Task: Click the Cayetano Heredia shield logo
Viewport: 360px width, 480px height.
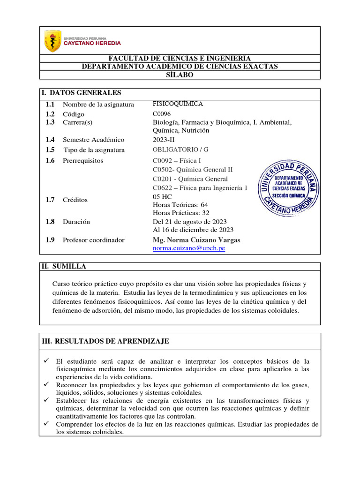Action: click(x=52, y=41)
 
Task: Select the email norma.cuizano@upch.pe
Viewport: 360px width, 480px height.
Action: click(x=189, y=248)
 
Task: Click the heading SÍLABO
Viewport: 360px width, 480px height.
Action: click(x=180, y=75)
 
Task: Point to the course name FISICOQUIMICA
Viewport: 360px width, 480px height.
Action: click(x=178, y=104)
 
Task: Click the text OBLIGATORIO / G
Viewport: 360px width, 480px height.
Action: click(x=180, y=150)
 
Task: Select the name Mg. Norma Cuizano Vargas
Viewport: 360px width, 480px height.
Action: click(x=196, y=240)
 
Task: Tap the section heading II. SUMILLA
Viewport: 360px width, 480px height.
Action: click(x=64, y=267)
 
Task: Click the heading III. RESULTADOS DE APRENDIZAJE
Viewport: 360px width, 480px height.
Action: click(x=105, y=342)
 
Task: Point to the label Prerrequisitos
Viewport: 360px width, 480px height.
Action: click(x=83, y=161)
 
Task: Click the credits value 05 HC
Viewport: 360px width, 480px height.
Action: click(x=163, y=197)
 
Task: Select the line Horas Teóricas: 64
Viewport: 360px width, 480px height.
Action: click(x=180, y=205)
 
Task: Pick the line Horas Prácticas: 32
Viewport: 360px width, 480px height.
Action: click(x=181, y=213)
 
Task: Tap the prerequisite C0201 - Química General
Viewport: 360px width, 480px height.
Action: click(x=190, y=179)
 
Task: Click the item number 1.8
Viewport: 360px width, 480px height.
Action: click(x=50, y=222)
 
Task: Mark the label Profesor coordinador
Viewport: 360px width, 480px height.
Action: click(x=94, y=240)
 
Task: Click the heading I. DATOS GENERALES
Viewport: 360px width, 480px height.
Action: click(x=82, y=93)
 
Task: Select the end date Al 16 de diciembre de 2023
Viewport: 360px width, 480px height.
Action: click(x=193, y=230)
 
